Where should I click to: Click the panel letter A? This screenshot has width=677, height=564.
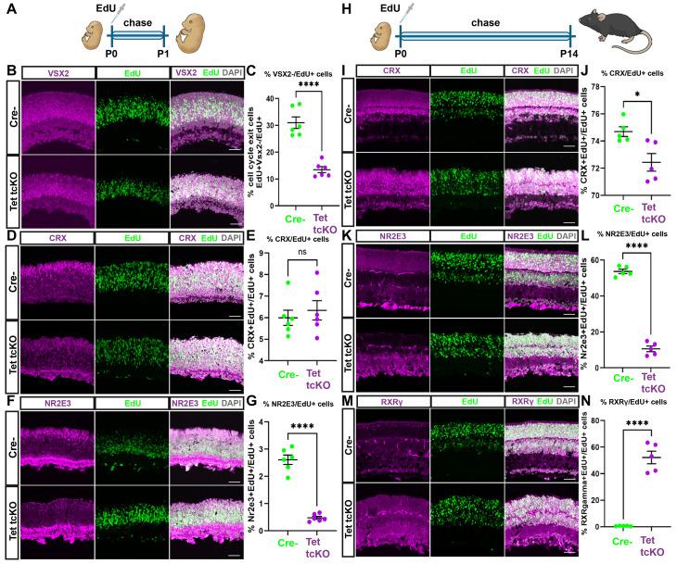pos(7,8)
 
